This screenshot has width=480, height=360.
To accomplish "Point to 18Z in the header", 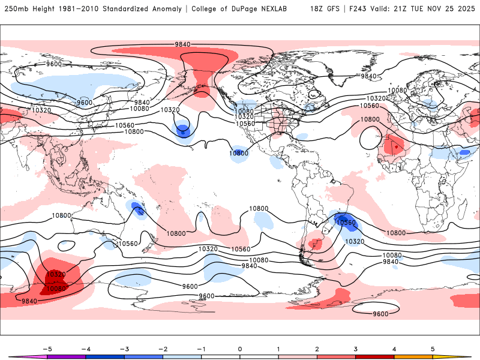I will tap(318, 9).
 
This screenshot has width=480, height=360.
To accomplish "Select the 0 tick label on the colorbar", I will tap(240, 349).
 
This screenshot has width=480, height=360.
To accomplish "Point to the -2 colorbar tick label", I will tap(163, 349).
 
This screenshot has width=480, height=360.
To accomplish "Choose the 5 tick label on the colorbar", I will tap(433, 349).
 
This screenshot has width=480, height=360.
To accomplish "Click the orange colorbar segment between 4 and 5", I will tap(413, 357).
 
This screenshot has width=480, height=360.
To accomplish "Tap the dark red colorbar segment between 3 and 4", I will tap(375, 357).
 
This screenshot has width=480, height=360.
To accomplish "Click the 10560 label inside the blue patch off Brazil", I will tap(346, 223).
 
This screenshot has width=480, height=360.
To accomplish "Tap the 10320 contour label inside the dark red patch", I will tap(55, 274).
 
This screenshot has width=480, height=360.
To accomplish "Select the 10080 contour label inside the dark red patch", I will tap(55, 289).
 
